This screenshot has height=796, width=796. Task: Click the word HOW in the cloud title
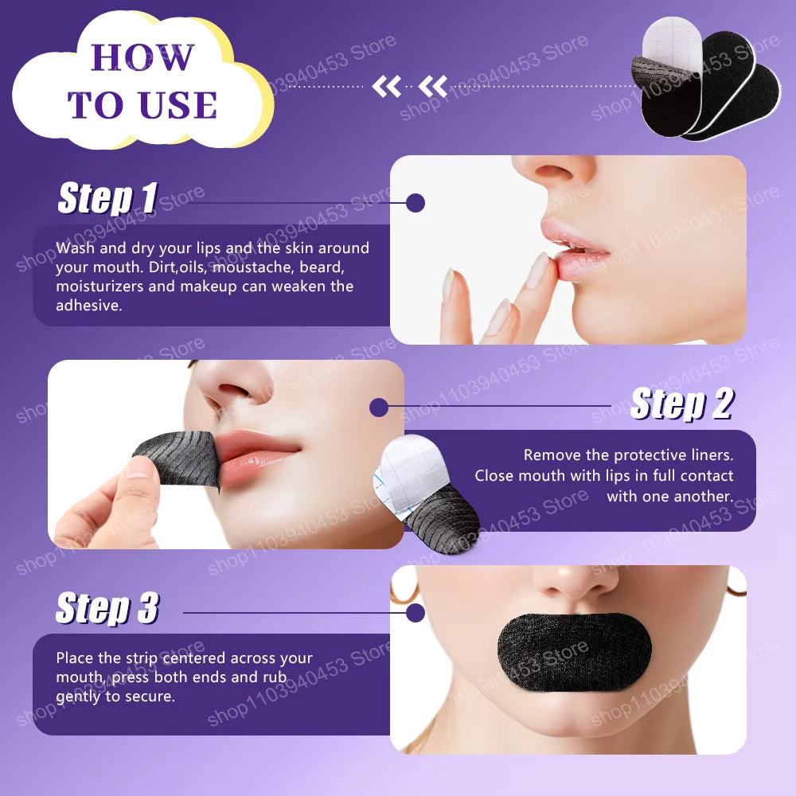[x=142, y=57]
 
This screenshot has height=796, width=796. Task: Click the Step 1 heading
[x=107, y=198]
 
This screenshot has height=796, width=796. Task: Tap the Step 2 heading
[x=681, y=404]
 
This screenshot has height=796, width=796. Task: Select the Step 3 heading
[x=107, y=609]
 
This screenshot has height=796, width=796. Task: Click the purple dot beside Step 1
[x=415, y=202]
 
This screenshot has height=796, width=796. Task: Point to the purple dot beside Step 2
[x=379, y=408]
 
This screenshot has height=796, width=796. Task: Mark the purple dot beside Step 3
[x=415, y=613]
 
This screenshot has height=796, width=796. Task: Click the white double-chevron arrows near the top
[x=410, y=86]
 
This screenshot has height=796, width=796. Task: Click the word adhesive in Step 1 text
[x=89, y=306]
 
